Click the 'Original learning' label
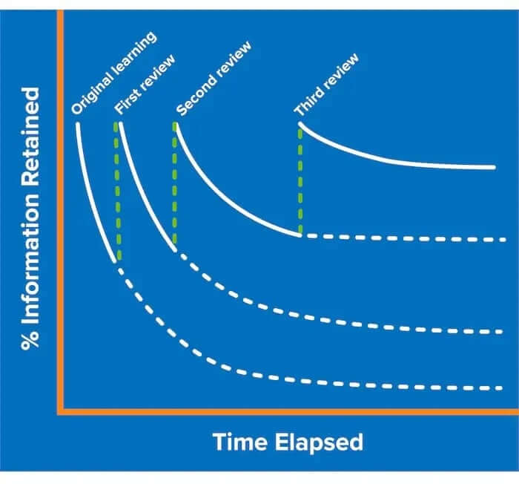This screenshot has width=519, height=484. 114,73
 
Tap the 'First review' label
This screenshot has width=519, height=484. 145,84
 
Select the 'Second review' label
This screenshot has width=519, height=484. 214,78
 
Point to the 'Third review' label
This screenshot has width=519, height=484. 326,85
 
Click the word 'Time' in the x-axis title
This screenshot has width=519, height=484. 240,442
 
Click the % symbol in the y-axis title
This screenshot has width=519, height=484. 30,340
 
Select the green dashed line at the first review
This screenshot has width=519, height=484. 117,191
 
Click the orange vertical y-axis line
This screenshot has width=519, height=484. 60,212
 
